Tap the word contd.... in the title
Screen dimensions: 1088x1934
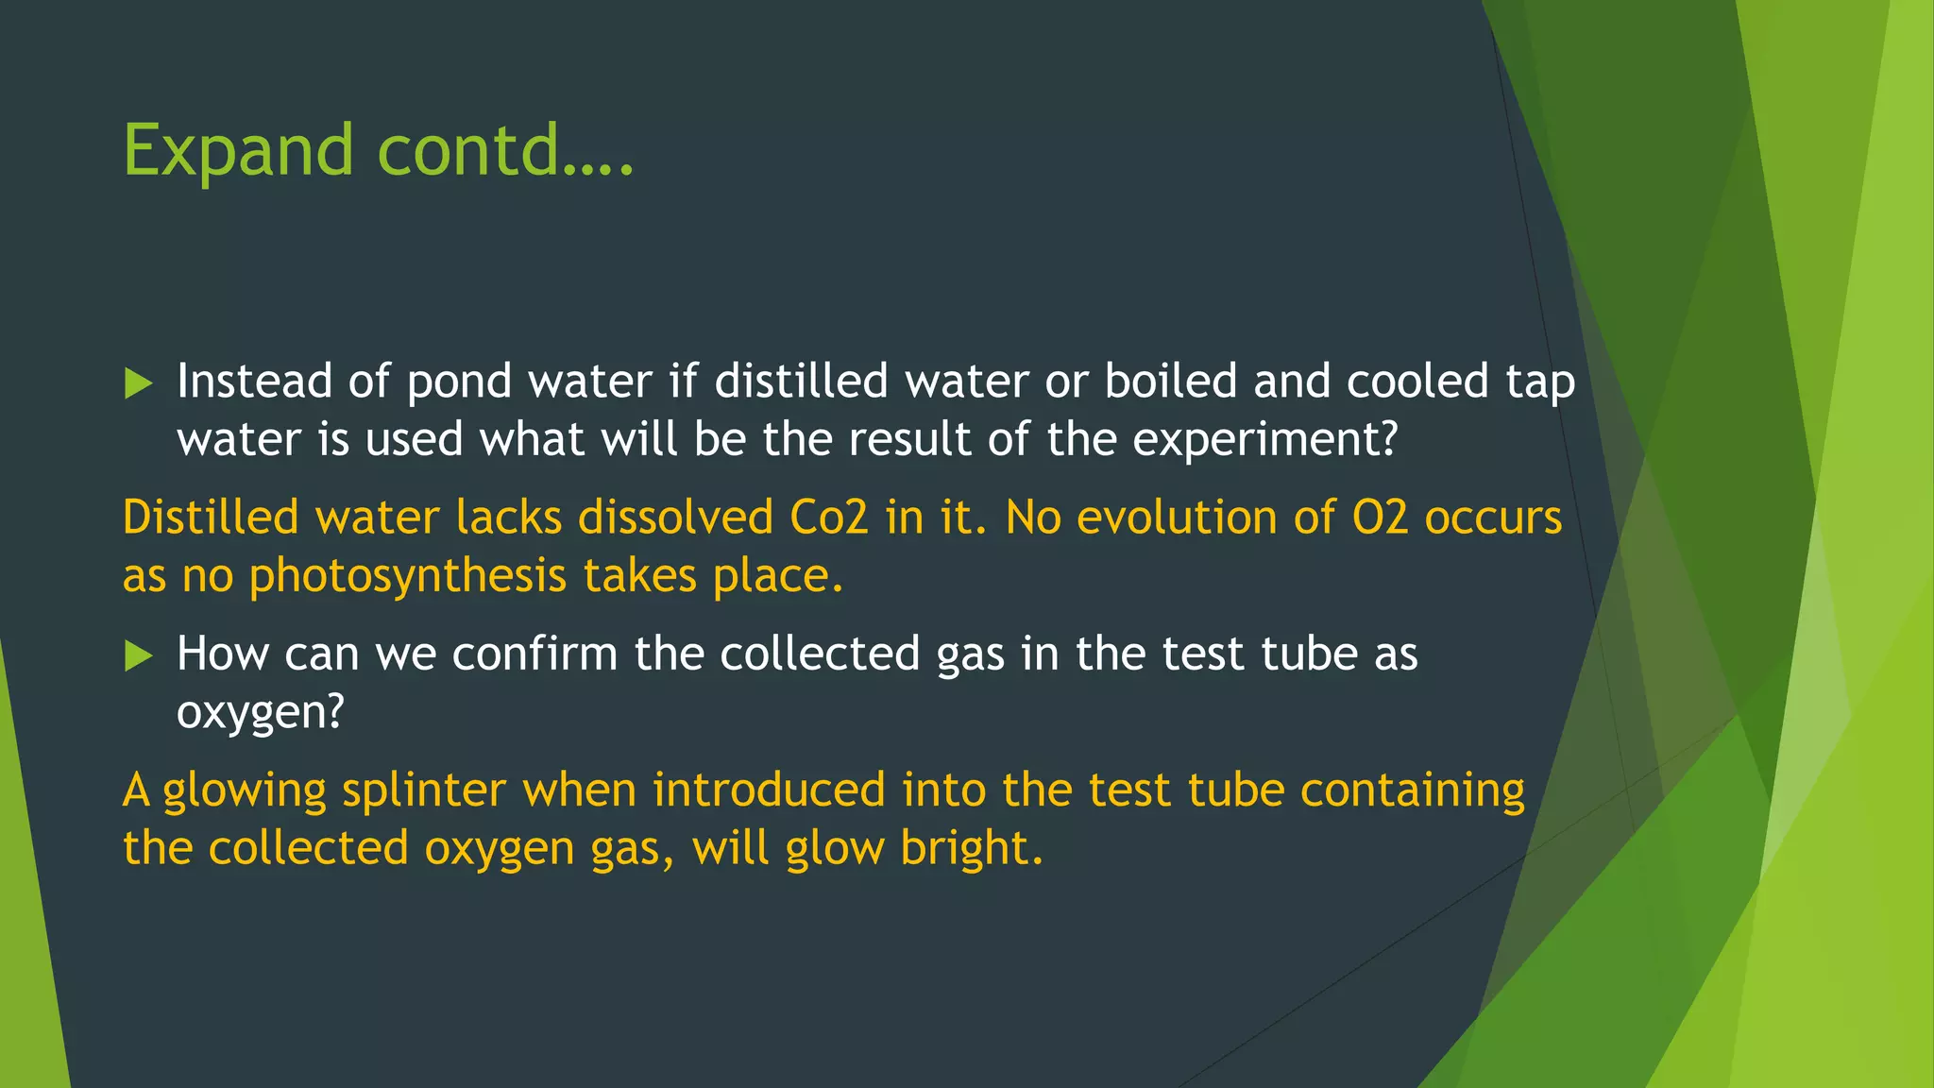pos(505,151)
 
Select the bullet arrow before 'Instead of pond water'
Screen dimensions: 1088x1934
pos(138,383)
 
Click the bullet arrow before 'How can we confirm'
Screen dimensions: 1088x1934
pos(138,655)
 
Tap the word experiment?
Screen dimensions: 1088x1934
pos(1264,440)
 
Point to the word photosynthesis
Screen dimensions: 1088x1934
pos(408,577)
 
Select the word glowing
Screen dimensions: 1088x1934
pos(245,791)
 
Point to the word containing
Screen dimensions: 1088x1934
pos(1413,790)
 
